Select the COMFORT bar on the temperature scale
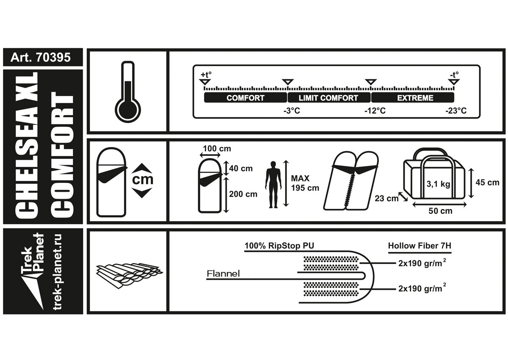(x=246, y=98)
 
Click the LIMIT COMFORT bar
(x=329, y=98)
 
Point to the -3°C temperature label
(x=291, y=111)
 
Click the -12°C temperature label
(x=375, y=111)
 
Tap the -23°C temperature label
(x=456, y=111)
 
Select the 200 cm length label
(x=243, y=194)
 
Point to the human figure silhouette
(x=273, y=184)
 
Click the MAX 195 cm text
(x=305, y=183)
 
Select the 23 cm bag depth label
(x=386, y=198)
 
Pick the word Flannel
(x=223, y=274)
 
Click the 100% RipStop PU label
(x=280, y=246)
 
